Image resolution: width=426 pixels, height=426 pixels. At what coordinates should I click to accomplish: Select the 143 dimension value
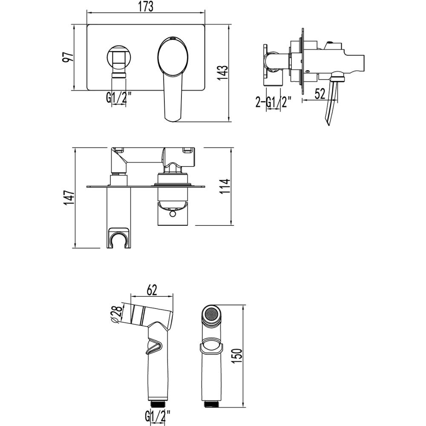223,73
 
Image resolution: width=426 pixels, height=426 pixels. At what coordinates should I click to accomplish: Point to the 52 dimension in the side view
320,94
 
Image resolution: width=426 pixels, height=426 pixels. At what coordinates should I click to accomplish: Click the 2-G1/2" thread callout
273,102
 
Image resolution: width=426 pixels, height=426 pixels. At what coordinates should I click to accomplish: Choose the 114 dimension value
225,187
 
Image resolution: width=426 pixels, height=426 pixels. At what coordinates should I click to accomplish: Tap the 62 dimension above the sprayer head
152,290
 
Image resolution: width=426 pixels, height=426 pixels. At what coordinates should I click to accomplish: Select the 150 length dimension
237,356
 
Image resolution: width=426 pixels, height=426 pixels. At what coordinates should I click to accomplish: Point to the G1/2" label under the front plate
119,97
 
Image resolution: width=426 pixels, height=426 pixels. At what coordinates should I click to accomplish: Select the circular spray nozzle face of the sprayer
212,315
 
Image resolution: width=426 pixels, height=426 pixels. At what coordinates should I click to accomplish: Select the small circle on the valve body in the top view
172,214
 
